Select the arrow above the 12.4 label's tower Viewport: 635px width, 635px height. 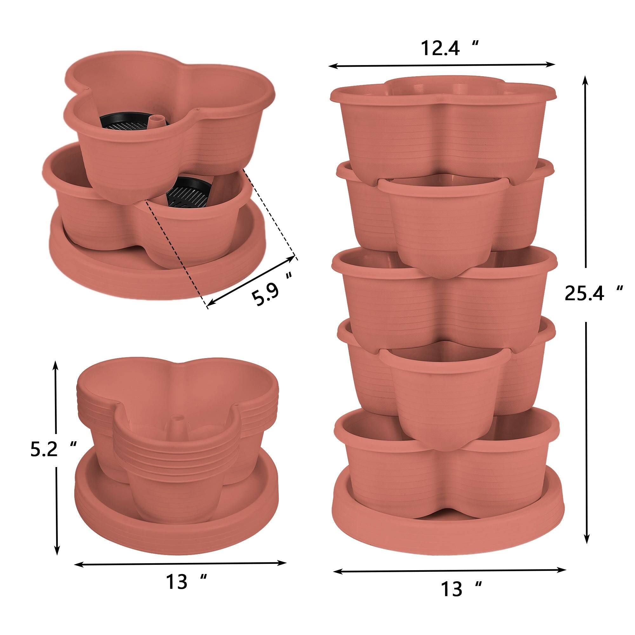[442, 66]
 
